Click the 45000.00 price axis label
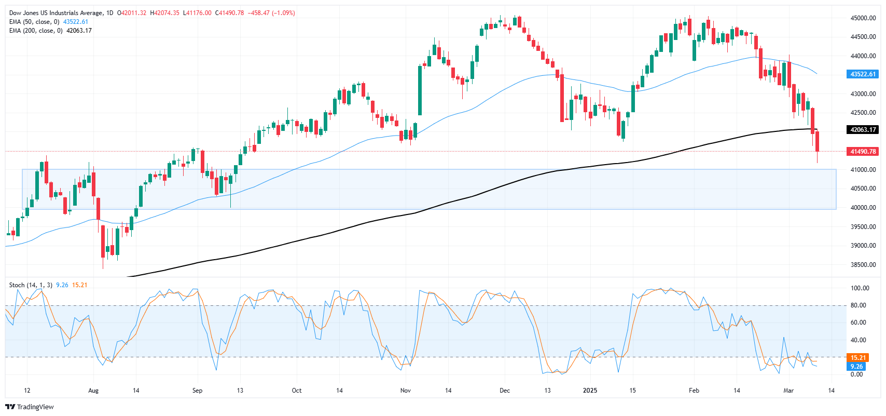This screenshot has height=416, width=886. pos(863,18)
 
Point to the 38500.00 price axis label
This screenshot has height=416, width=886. pos(863,265)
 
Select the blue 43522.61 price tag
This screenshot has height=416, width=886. pos(863,74)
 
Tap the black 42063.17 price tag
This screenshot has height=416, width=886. pos(863,130)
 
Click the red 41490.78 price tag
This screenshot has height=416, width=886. pos(863,152)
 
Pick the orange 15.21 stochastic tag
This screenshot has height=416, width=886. pos(858,357)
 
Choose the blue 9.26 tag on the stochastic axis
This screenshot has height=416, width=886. pos(856,367)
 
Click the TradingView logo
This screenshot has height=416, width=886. pos(30,407)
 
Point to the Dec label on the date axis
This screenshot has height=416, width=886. pos(504,391)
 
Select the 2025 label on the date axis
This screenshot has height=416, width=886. pos(590,391)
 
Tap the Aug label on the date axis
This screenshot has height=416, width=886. pos(93,391)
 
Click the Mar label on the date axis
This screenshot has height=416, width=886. pos(788,391)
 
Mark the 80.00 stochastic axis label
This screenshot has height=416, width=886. pos(858,305)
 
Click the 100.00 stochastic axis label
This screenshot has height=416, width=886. pos(860,288)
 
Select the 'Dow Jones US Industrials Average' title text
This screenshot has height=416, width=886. pos(56,13)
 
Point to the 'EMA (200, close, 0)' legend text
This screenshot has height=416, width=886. pos(36,31)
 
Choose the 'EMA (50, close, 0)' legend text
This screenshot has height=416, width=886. pos(34,22)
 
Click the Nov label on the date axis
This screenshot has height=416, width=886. pos(406,391)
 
